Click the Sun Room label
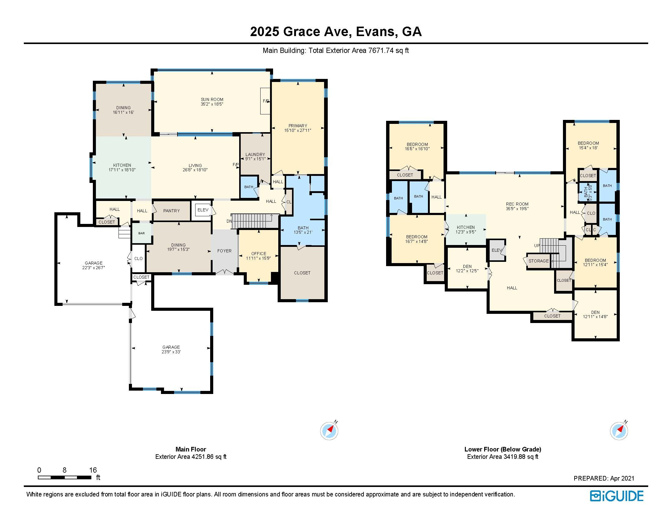point(212,99)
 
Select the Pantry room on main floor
point(171,211)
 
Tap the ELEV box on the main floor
point(203,210)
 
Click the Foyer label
point(224,251)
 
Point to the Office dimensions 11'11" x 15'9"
point(258,258)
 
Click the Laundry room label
point(255,154)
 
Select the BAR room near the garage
point(141,233)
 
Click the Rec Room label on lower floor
point(517,204)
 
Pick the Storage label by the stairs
point(539,261)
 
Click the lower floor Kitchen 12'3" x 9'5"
point(466,229)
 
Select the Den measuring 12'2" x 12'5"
point(467,269)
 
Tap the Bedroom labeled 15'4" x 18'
point(588,145)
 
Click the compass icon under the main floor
point(329,431)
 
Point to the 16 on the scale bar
point(93,470)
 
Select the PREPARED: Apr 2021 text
point(604,478)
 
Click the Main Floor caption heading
point(191,449)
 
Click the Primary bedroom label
point(298,126)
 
